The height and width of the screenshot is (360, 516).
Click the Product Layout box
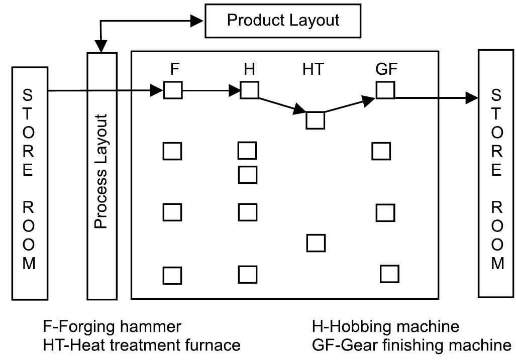pos(283,21)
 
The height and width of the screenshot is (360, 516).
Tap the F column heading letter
pos(174,69)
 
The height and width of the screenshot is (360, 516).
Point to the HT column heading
pos(313,70)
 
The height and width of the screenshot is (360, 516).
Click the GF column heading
pos(386,70)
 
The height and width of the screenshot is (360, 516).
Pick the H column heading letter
pos(249,69)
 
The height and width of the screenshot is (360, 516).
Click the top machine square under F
pos(173,91)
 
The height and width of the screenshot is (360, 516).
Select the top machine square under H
pos(249,91)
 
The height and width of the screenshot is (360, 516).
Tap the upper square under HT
pos(316,121)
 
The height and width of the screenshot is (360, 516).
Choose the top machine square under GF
pos(385,90)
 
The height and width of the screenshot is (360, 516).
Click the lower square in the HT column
pos(316,243)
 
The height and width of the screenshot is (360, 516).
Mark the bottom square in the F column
pos(172,275)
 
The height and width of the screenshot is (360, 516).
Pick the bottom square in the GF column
pos(389,274)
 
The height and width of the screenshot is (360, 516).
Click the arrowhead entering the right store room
pos(472,97)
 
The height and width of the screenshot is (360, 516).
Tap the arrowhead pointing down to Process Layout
pos(102,47)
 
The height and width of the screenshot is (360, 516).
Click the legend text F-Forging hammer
pos(111,327)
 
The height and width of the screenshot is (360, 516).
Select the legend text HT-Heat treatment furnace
pos(142,345)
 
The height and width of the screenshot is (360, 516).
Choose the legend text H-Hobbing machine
pos(385,327)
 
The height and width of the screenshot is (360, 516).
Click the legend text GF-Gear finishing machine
pos(411,345)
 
